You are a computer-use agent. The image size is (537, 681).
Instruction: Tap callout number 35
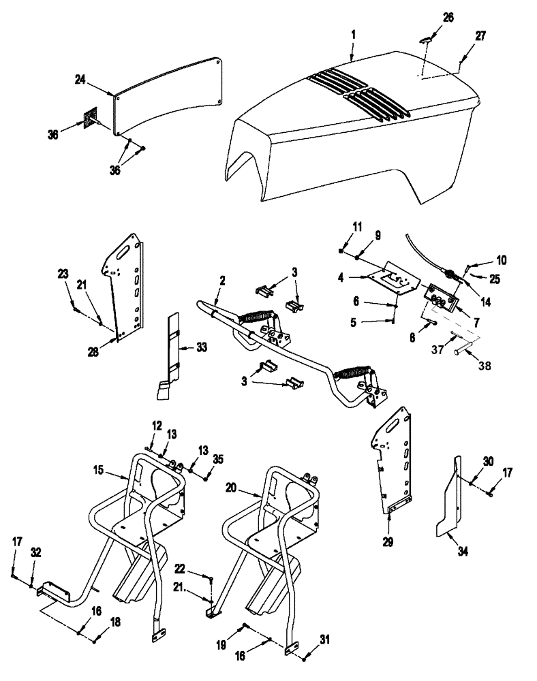(x=218, y=459)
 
